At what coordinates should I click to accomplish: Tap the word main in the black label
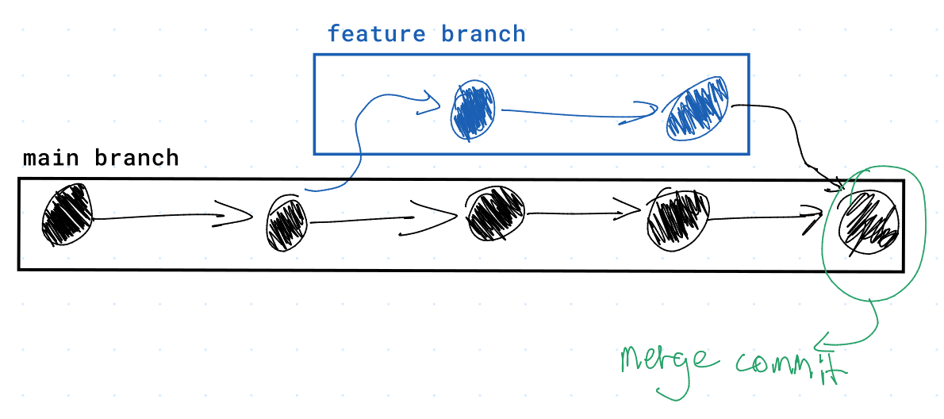point(52,158)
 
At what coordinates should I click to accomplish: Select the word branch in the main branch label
point(136,158)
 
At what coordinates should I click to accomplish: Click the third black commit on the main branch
point(495,214)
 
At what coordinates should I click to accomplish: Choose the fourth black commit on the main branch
point(678,216)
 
